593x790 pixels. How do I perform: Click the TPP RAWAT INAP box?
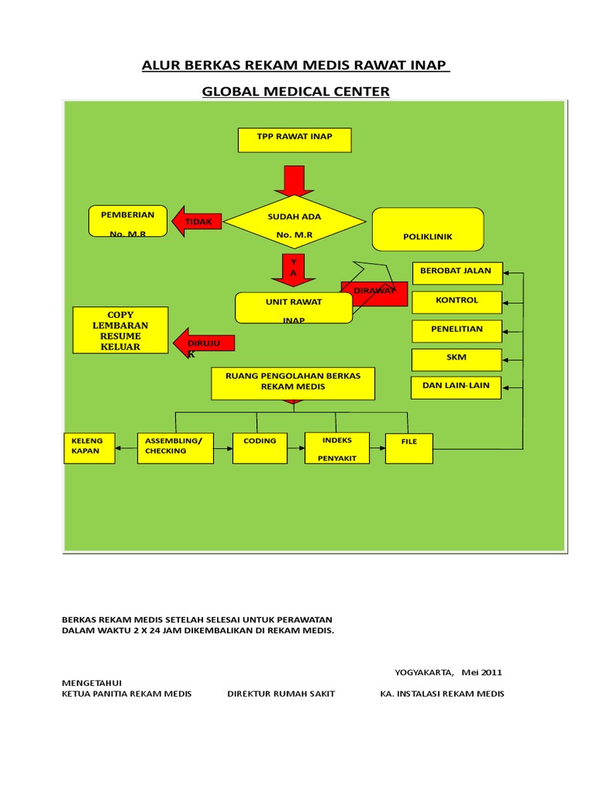[294, 140]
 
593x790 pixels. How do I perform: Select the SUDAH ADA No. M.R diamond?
[294, 221]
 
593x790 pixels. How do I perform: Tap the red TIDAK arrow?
[197, 221]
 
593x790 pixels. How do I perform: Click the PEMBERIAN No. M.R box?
[127, 221]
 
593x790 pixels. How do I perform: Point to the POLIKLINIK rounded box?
[428, 229]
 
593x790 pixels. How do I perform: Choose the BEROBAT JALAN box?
[457, 273]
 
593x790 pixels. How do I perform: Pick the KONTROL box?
[457, 302]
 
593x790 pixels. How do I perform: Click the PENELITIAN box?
[457, 331]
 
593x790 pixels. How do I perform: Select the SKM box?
[456, 360]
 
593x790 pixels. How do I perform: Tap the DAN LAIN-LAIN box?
[456, 388]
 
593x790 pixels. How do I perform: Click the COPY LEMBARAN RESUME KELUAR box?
[120, 330]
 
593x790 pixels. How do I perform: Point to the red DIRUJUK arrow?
[204, 343]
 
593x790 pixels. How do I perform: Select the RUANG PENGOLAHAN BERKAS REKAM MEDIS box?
[293, 384]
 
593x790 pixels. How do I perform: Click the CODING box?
[259, 448]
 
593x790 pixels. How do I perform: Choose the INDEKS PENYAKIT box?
[337, 448]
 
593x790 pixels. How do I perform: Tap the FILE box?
[409, 448]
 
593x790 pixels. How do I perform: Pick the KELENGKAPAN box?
[90, 448]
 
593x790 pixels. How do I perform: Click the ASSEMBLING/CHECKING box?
[175, 448]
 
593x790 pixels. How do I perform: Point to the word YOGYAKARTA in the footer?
[424, 673]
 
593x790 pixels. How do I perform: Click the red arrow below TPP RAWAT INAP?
[294, 181]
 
